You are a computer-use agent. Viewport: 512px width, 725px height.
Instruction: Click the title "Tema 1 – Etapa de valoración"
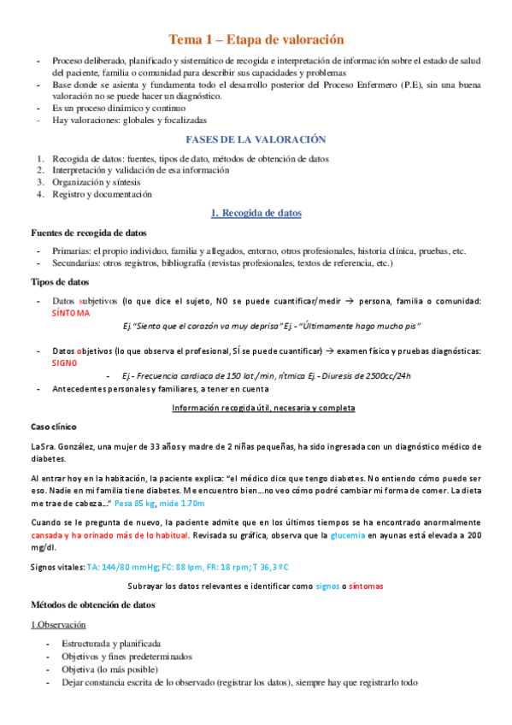[256, 39]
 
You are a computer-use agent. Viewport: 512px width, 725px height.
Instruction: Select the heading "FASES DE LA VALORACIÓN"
[256, 139]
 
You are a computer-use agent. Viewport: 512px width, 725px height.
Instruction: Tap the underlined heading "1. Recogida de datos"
[256, 213]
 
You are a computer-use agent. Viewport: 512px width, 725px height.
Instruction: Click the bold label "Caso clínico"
[53, 426]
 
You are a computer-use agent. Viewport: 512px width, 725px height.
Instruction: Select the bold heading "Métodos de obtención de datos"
[92, 604]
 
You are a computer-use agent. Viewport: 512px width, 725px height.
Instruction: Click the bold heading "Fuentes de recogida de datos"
[88, 233]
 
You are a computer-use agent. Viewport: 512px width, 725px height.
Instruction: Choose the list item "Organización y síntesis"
[97, 182]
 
